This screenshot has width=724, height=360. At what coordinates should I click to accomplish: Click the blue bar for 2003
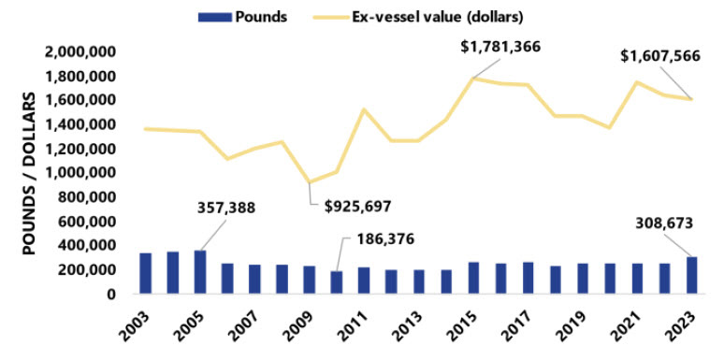click(x=146, y=273)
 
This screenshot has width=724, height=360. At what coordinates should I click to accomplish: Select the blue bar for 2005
click(x=200, y=272)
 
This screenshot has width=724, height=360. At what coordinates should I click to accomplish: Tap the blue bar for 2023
click(x=691, y=275)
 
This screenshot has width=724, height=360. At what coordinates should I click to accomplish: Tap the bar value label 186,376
click(x=385, y=240)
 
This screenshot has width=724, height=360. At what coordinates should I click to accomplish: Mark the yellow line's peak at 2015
click(x=473, y=79)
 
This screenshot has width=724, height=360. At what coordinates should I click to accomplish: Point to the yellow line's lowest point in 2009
click(x=310, y=182)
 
